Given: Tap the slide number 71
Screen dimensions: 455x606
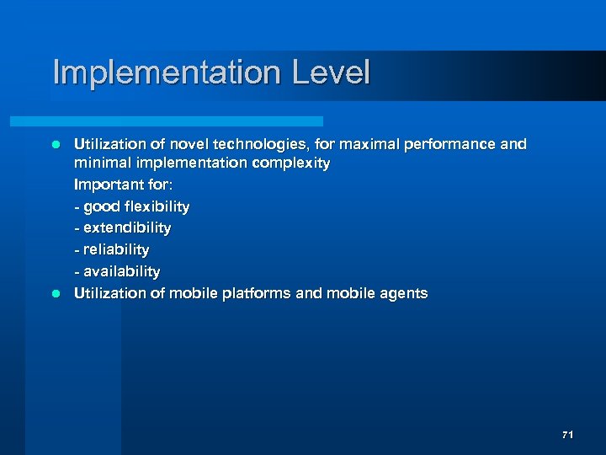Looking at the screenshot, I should (x=567, y=435).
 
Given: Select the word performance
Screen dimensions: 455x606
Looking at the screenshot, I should (x=448, y=144).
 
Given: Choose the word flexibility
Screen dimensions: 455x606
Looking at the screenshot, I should (x=157, y=206).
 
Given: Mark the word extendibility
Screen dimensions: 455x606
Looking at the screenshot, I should (x=127, y=228).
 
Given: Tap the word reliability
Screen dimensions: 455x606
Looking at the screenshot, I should (x=116, y=250).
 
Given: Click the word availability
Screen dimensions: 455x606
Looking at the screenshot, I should (x=121, y=271).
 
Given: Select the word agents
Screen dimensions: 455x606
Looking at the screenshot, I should (x=402, y=294).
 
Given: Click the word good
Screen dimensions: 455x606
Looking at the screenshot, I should (x=101, y=206).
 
